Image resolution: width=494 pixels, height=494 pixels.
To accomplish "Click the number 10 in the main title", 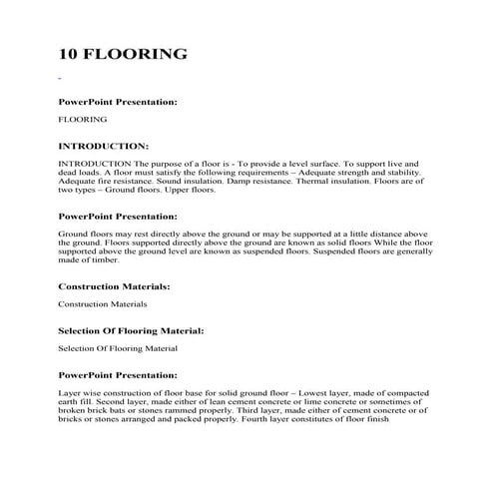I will click(71, 53).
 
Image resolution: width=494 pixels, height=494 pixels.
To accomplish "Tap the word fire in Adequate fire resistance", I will click(109, 181).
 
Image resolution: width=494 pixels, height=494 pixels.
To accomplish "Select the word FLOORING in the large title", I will click(139, 53).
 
